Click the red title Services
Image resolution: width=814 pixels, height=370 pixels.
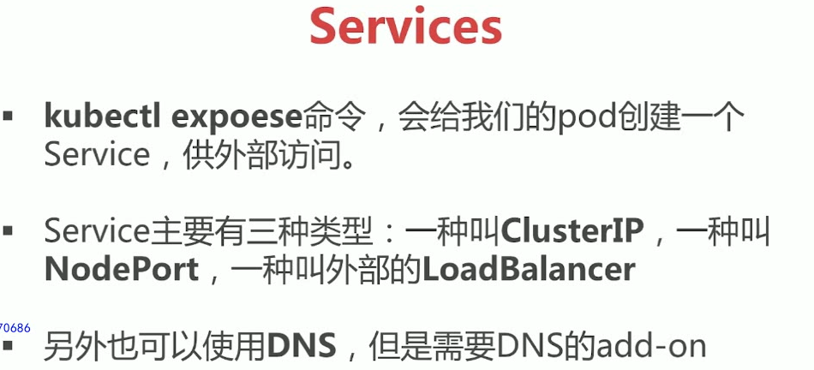pos(405,27)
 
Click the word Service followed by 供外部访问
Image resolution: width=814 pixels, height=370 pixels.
pos(97,155)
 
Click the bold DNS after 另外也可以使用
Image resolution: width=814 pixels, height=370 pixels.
pos(302,346)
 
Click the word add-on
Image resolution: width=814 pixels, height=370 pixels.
pos(654,346)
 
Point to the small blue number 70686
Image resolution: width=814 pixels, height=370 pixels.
pos(15,326)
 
